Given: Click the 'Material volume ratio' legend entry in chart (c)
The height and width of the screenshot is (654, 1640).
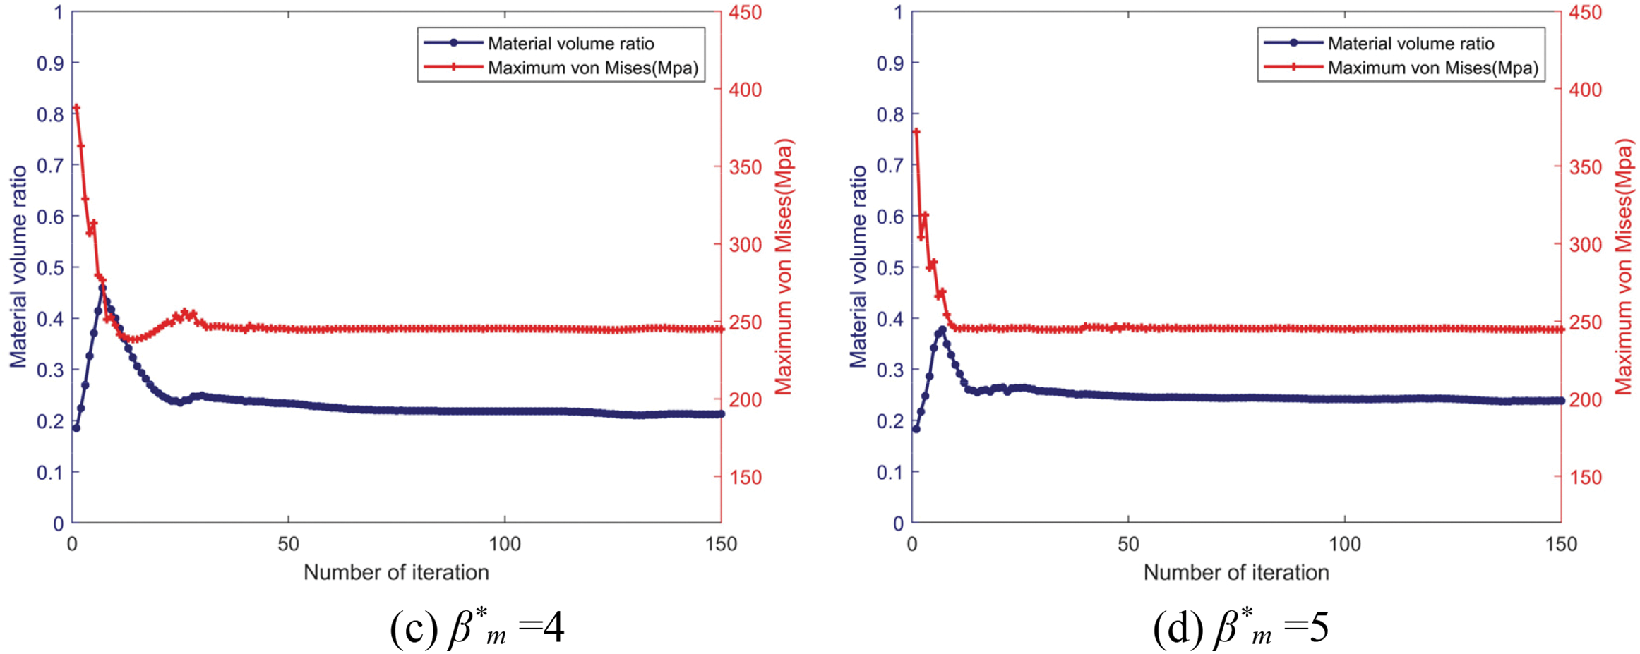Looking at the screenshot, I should pyautogui.click(x=570, y=44).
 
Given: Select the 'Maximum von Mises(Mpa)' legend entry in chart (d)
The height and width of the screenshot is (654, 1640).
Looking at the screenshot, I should pyautogui.click(x=1432, y=68).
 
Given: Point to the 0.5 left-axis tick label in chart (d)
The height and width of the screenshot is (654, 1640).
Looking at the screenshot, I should pyautogui.click(x=890, y=267).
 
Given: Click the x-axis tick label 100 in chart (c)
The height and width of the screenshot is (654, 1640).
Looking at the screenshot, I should pyautogui.click(x=505, y=544).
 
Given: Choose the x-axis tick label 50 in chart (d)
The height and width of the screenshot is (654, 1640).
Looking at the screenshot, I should pyautogui.click(x=1128, y=544).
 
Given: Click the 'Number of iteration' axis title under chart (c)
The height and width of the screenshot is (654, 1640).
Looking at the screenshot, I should pyautogui.click(x=396, y=572).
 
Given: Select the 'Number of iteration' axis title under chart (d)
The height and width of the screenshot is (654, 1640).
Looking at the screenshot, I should pyautogui.click(x=1236, y=572).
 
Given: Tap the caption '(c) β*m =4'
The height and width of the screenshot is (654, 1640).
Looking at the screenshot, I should pyautogui.click(x=477, y=627).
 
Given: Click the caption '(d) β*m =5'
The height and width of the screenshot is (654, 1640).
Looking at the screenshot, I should pyautogui.click(x=1240, y=627).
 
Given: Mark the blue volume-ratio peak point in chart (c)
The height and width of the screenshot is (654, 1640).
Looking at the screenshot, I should pyautogui.click(x=102, y=288).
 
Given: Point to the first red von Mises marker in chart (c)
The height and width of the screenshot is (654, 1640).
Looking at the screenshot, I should pyautogui.click(x=76, y=108).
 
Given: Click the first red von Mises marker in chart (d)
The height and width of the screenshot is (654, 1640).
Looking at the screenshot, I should pyautogui.click(x=916, y=132).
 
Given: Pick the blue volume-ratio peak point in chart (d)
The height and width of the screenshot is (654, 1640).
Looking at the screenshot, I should pyautogui.click(x=942, y=329).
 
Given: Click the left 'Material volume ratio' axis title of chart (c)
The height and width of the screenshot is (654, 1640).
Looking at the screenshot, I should pyautogui.click(x=18, y=267).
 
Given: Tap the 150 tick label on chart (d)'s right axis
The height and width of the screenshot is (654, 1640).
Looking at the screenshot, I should pyautogui.click(x=1585, y=477).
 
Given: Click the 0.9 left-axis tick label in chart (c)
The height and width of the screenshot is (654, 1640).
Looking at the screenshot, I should pyautogui.click(x=49, y=63).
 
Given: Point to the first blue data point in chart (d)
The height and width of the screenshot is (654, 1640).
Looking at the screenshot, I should pyautogui.click(x=916, y=428).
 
